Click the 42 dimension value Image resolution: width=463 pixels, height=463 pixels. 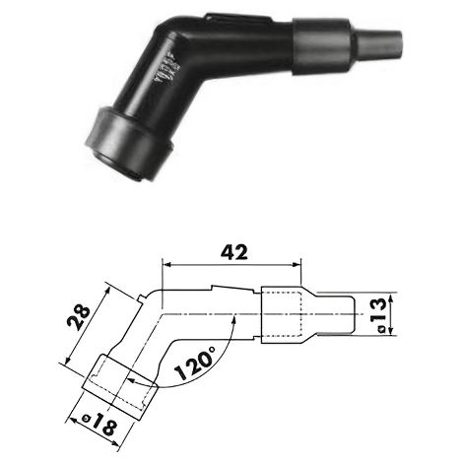[x=233, y=252]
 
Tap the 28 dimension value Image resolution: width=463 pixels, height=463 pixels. [x=79, y=317]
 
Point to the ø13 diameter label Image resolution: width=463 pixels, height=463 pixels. [x=380, y=315]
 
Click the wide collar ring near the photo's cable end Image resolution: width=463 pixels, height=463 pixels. [x=323, y=45]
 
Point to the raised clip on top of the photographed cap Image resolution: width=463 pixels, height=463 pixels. [x=238, y=19]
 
